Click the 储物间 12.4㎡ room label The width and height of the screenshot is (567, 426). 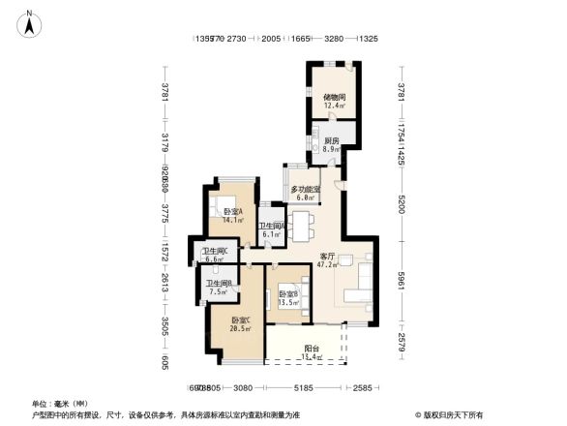click(334, 102)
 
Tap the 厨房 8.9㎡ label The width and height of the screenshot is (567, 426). click(331, 145)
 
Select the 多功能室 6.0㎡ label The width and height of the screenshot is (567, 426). click(305, 193)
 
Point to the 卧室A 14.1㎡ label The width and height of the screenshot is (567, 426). click(232, 215)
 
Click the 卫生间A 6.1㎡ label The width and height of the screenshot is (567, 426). click(271, 229)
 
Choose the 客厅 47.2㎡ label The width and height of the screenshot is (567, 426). click(328, 259)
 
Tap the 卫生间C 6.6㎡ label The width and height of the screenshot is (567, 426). click(214, 257)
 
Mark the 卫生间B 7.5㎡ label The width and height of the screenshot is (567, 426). click(217, 287)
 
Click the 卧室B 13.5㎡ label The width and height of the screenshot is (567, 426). click(288, 297)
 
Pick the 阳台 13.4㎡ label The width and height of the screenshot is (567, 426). click(311, 352)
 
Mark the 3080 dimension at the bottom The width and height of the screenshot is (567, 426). click(242, 388)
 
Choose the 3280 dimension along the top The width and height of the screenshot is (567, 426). click(334, 40)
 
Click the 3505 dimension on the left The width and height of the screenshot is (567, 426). click(165, 324)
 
